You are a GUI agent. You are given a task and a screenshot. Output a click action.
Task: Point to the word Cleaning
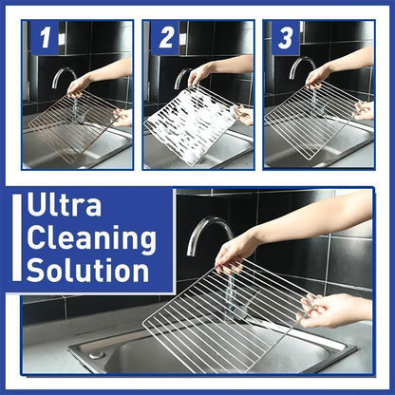click(x=90, y=237)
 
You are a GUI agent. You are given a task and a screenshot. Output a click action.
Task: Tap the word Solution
click(x=87, y=270)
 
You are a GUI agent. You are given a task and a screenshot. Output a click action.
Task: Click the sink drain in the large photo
click(x=97, y=354)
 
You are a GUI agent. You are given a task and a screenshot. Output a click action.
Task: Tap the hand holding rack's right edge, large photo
click(x=332, y=309)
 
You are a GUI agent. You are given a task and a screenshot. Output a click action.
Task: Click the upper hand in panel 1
click(x=80, y=85)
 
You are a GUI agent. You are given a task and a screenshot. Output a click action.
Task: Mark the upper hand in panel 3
click(x=319, y=75)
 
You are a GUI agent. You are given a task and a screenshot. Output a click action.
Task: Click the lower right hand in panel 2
click(x=246, y=115)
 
